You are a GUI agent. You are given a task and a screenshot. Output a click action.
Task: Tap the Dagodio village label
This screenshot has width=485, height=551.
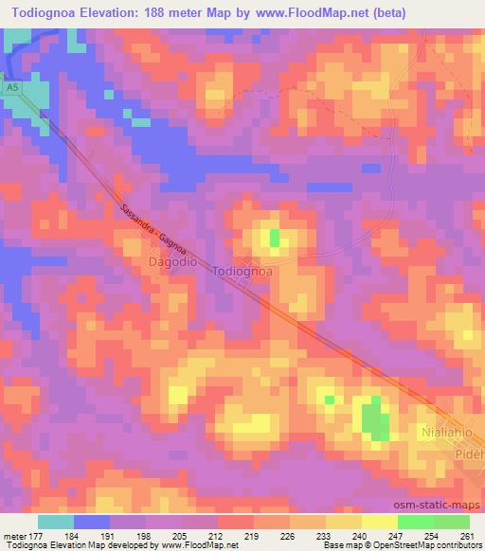(x=172, y=259)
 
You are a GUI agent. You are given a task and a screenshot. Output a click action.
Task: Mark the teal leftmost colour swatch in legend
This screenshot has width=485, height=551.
(x=56, y=522)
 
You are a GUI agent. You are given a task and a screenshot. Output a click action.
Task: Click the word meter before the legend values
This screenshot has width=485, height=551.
(x=14, y=536)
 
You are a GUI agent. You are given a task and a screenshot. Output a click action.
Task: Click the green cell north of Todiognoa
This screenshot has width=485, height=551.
(x=275, y=237)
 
